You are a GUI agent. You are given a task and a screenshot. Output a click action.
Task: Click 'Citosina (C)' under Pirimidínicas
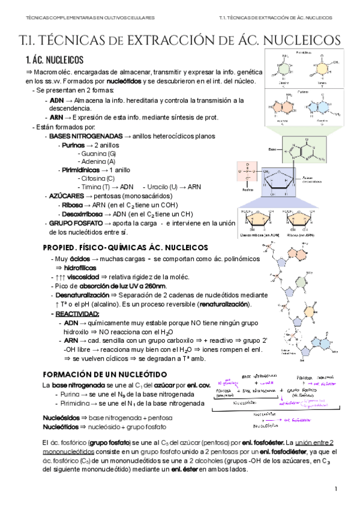pyautogui.click(x=96, y=178)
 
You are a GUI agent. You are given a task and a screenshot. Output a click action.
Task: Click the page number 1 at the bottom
pyautogui.click(x=336, y=490)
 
